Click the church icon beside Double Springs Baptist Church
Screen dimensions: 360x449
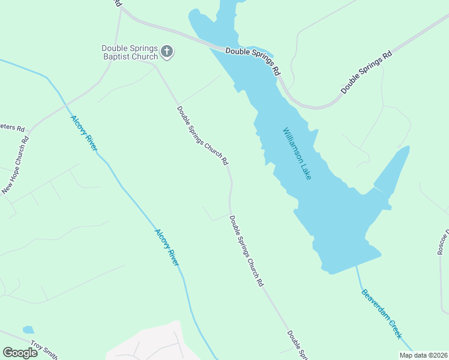(167, 52)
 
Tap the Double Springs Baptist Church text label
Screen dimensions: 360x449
(130, 52)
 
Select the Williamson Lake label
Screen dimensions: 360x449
(297, 154)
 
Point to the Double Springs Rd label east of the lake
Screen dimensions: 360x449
(366, 71)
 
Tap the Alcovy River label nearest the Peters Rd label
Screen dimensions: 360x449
(84, 133)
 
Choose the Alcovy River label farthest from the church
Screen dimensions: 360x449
(167, 247)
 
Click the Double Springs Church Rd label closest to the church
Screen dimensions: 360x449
(202, 136)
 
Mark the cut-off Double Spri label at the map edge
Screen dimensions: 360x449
(298, 344)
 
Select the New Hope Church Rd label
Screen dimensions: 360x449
(16, 167)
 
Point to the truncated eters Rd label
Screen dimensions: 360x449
(12, 128)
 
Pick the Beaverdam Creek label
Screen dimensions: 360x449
(381, 314)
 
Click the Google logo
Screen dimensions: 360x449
(20, 352)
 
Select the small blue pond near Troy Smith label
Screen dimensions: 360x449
(28, 330)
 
